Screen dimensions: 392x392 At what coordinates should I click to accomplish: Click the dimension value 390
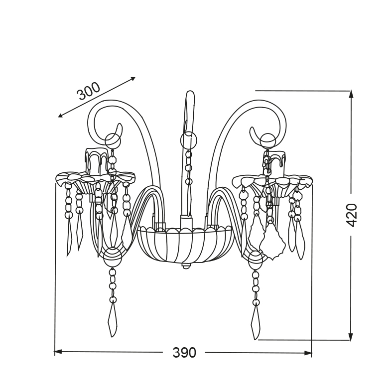[184, 353]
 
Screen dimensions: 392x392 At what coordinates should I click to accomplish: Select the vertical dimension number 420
[352, 215]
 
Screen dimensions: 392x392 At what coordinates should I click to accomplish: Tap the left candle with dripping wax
[97, 161]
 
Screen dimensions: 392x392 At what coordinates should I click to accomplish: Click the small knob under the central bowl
[185, 266]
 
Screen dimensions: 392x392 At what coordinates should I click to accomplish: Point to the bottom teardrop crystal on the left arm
[113, 319]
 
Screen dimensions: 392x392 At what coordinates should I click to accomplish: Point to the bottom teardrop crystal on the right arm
[256, 322]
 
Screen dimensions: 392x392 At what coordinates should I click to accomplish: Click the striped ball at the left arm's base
[113, 258]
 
